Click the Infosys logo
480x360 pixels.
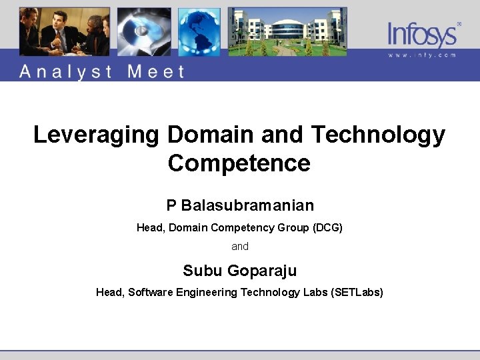(423, 33)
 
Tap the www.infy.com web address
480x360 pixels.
(423, 55)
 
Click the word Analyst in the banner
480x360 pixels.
(65, 71)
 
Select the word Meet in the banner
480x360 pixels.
(155, 71)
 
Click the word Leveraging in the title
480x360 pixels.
(96, 135)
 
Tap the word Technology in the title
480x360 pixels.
(378, 135)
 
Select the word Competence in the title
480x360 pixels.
(239, 163)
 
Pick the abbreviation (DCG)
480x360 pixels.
(327, 228)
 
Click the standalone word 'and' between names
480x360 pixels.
(240, 247)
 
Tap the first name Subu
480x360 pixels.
(203, 271)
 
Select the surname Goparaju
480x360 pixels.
(262, 271)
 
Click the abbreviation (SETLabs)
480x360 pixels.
(357, 293)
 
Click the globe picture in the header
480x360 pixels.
(199, 32)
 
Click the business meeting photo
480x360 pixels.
(64, 32)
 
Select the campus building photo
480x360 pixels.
(287, 32)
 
